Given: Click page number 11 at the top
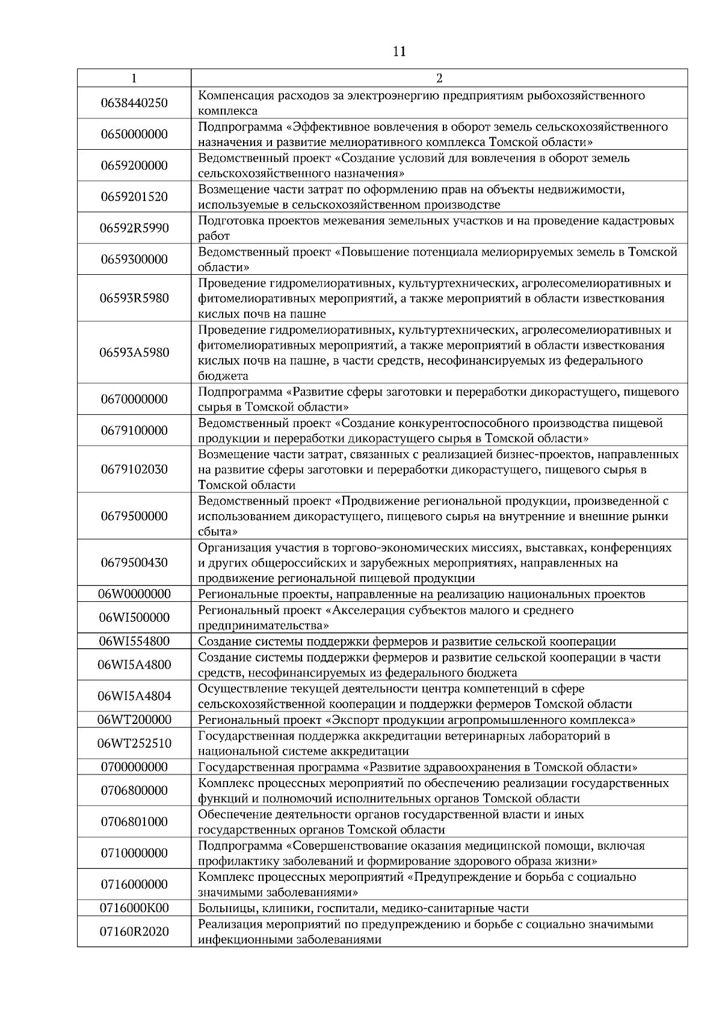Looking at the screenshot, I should pyautogui.click(x=399, y=52).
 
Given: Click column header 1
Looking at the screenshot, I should pyautogui.click(x=134, y=78).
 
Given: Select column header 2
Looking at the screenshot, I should pyautogui.click(x=439, y=78).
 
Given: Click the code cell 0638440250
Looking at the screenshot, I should pyautogui.click(x=134, y=103).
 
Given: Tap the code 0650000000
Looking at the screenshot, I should pyautogui.click(x=134, y=134).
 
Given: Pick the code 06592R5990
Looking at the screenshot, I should pyautogui.click(x=134, y=228).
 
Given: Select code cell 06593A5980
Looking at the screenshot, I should pyautogui.click(x=134, y=352).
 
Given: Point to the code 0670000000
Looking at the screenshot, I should pyautogui.click(x=134, y=399).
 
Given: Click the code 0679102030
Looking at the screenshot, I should pyautogui.click(x=134, y=469).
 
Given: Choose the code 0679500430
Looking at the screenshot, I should pyautogui.click(x=134, y=563).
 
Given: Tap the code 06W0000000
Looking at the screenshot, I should pyautogui.click(x=134, y=594).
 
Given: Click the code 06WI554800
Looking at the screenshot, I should pyautogui.click(x=134, y=641).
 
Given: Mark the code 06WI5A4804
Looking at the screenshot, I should pyautogui.click(x=134, y=696).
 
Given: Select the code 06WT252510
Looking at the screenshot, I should pyautogui.click(x=134, y=743).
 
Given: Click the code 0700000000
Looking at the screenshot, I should pyautogui.click(x=134, y=767).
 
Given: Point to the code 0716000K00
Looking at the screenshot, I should pyautogui.click(x=134, y=908).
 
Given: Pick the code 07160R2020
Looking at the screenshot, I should pyautogui.click(x=134, y=931).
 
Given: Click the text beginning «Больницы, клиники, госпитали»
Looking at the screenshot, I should pyautogui.click(x=363, y=908).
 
